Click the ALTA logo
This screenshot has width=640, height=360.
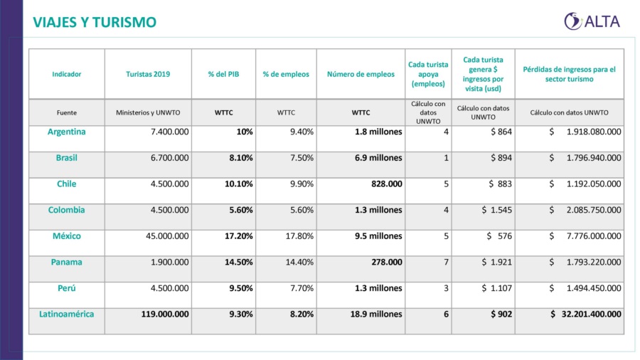pyautogui.click(x=592, y=21)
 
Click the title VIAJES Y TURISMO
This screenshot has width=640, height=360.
pyautogui.click(x=95, y=23)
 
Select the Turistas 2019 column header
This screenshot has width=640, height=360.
pyautogui.click(x=148, y=74)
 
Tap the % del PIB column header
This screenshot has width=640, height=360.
pyautogui.click(x=223, y=74)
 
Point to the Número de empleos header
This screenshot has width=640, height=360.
pyautogui.click(x=361, y=74)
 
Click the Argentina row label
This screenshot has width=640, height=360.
pyautogui.click(x=67, y=132)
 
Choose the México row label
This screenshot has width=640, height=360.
pyautogui.click(x=67, y=236)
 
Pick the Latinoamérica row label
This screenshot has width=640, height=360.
pyautogui.click(x=67, y=314)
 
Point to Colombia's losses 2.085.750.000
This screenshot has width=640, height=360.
pyautogui.click(x=585, y=210)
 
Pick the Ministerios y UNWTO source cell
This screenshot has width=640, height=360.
pyautogui.click(x=148, y=112)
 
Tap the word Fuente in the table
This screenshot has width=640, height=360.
pyautogui.click(x=67, y=112)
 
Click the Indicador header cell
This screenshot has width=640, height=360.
pyautogui.click(x=67, y=74)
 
